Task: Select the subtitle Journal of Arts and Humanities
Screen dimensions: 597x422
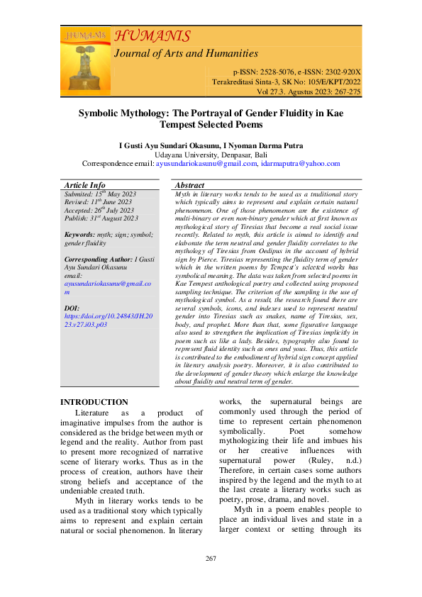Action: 186,53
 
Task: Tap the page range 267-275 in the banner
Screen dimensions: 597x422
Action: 345,91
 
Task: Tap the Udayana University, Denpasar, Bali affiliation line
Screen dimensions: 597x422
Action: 211,155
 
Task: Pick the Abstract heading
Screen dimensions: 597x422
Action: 189,185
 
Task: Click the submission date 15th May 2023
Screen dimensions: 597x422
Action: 111,194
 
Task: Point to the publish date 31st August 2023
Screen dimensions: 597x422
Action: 113,218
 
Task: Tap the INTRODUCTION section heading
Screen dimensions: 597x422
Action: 94,402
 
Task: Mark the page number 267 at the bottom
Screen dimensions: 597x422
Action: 211,579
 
